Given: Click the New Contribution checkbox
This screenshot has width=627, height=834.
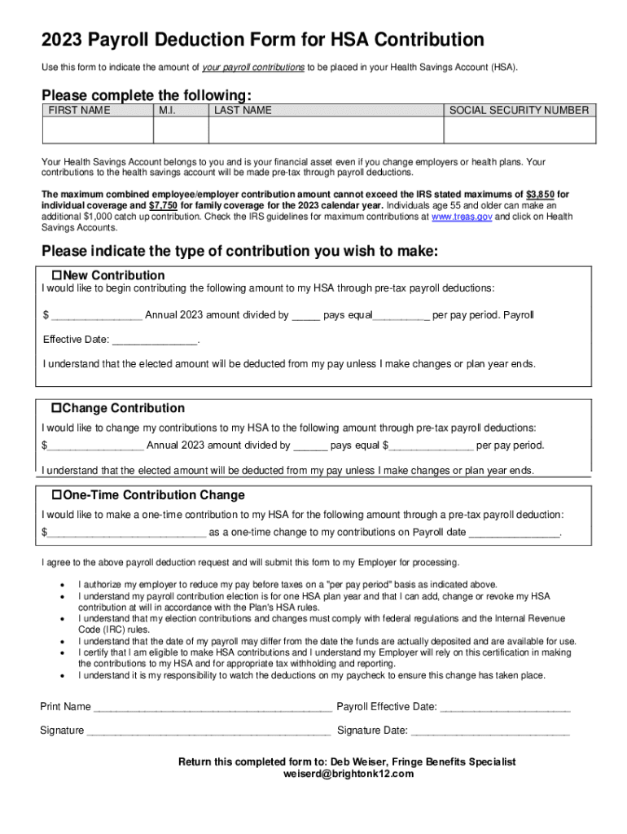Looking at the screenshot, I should click(57, 275).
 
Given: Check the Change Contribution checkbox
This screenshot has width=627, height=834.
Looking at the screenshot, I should click(57, 408).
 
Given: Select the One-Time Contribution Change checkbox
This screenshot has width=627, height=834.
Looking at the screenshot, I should click(57, 495).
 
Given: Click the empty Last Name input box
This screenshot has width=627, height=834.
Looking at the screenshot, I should click(326, 130).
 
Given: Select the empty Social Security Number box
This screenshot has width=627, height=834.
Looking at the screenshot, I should click(520, 130).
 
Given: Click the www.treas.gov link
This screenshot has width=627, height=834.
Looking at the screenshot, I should click(461, 217).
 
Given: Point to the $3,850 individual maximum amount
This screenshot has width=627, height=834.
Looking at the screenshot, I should click(540, 195).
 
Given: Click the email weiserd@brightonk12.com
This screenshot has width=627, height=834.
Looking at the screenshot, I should click(348, 774).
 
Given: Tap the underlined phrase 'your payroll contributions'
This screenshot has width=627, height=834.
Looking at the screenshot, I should click(252, 67).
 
